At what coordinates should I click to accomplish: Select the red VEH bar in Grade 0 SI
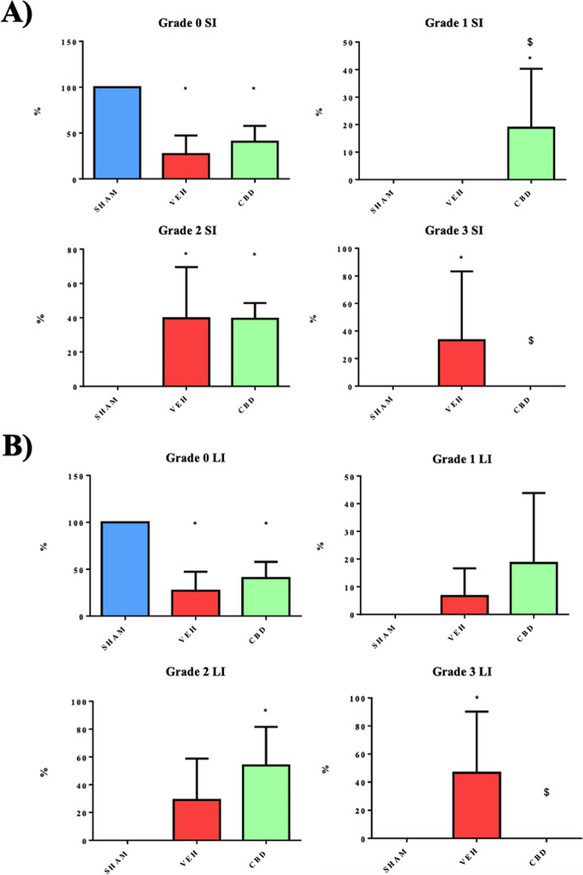click(186, 166)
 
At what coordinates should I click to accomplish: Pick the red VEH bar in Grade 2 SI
click(185, 352)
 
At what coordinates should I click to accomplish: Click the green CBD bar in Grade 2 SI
click(254, 352)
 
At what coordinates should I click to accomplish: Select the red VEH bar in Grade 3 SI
click(461, 363)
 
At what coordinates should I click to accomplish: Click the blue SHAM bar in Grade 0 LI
click(125, 569)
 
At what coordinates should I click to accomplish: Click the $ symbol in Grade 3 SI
click(530, 340)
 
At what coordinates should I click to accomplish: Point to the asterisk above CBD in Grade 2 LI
click(266, 711)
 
